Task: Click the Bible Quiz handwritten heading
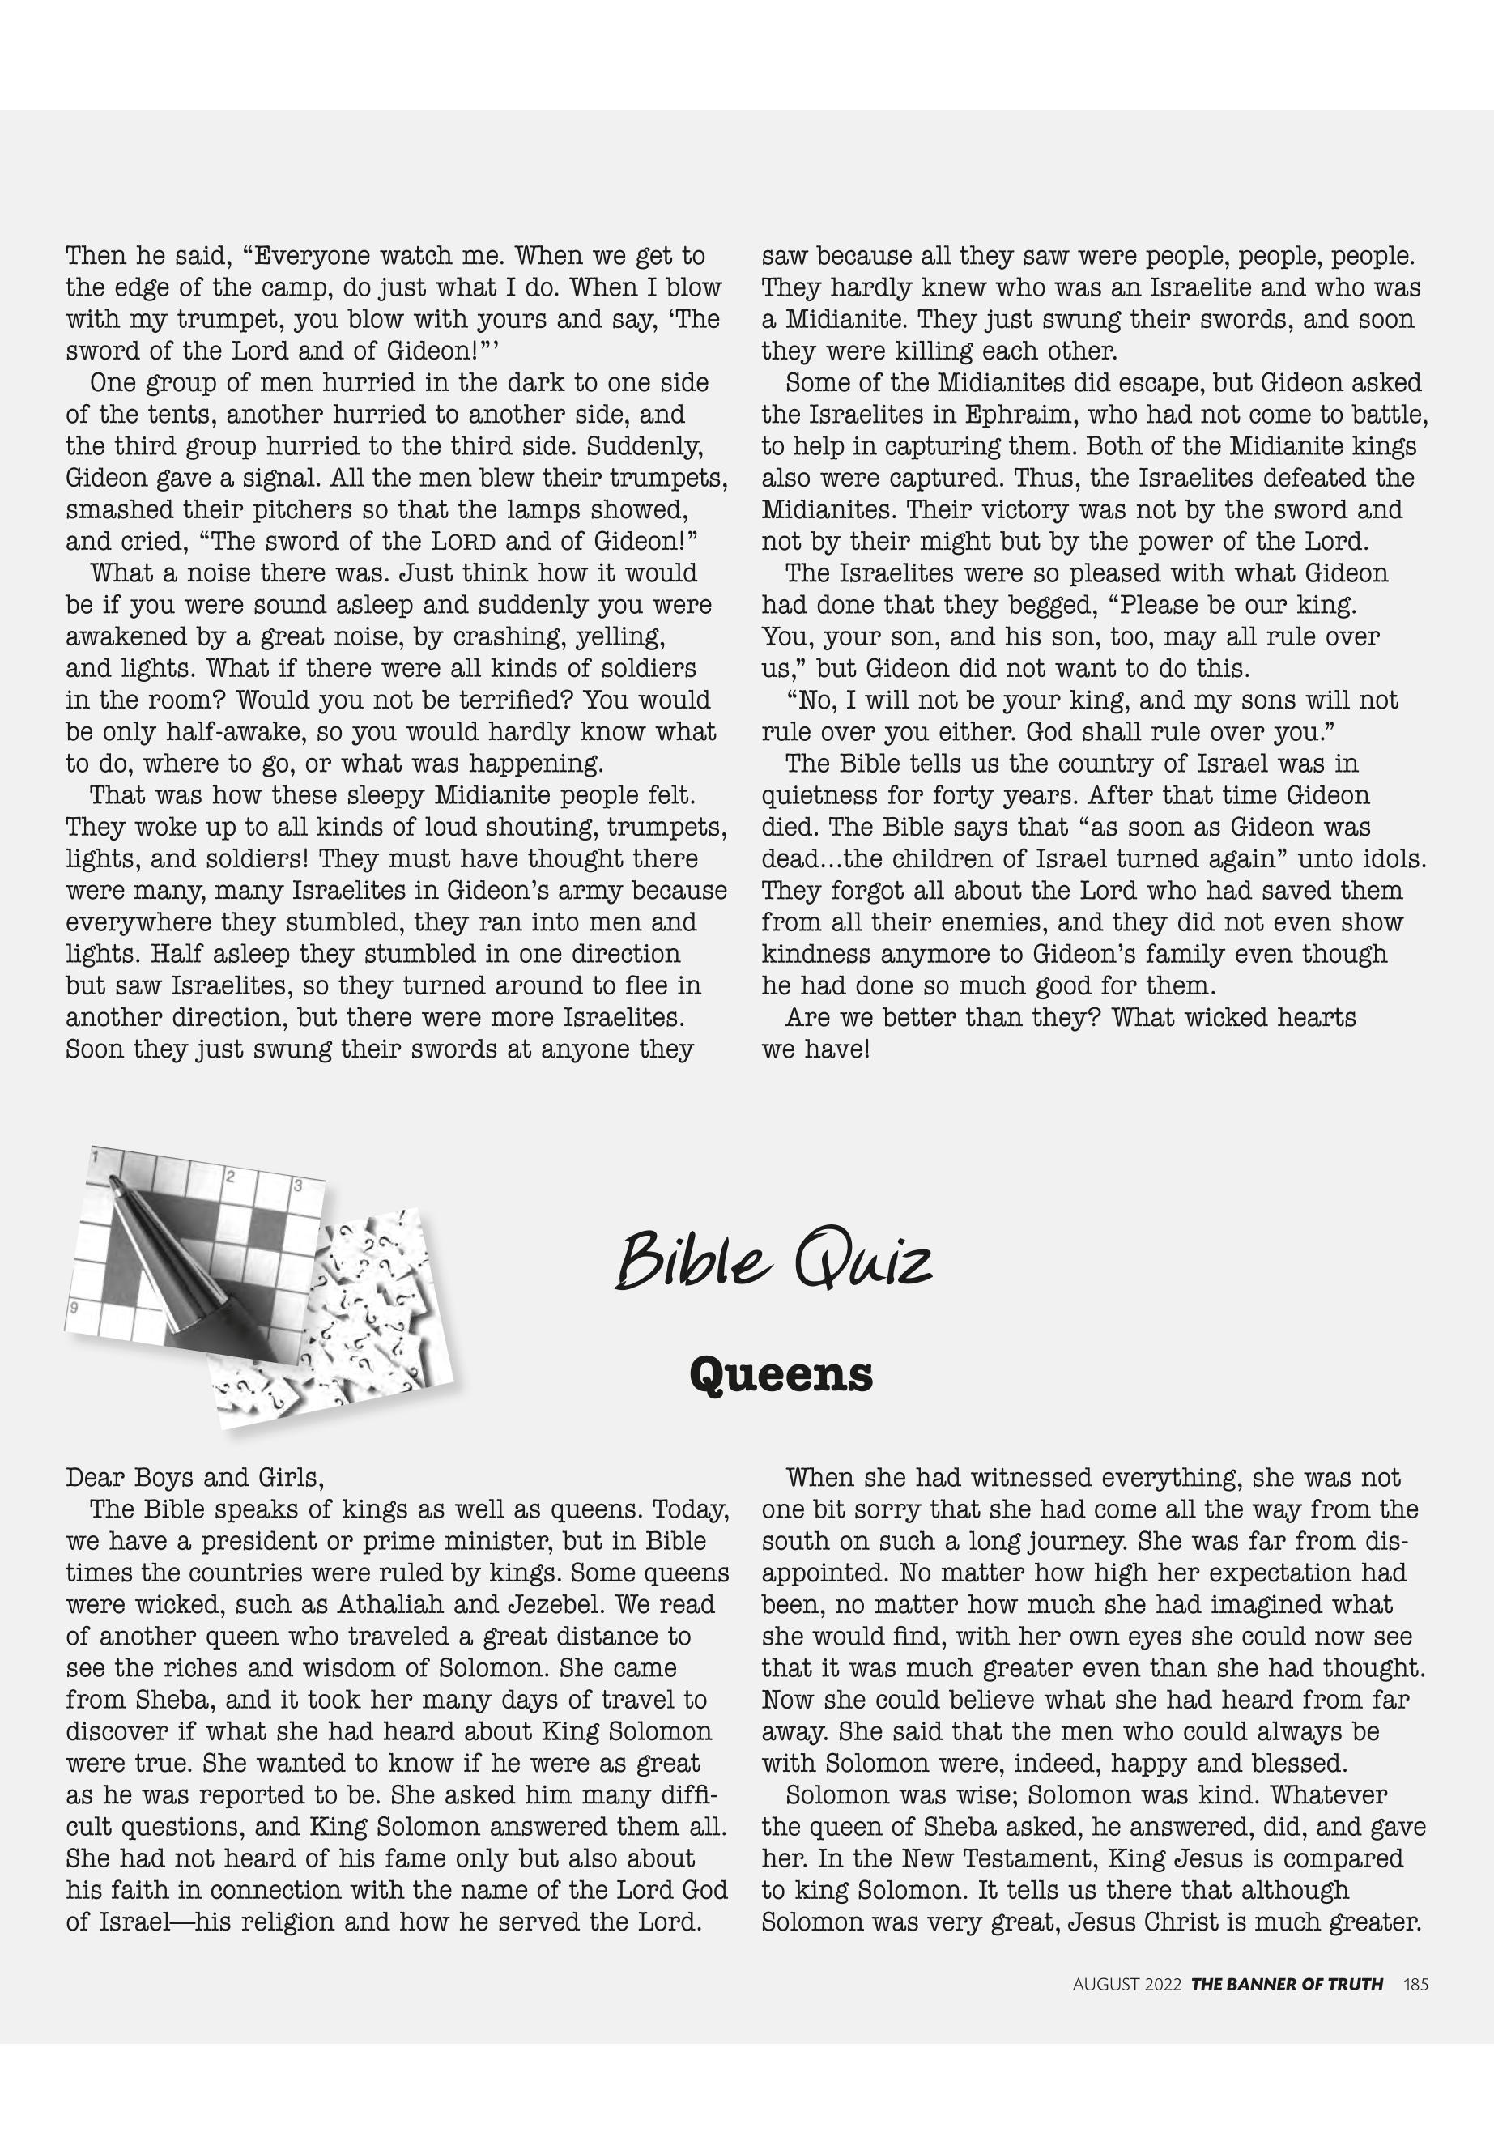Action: click(x=773, y=1261)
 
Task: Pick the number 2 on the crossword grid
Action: click(x=229, y=1177)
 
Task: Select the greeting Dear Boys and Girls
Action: click(x=194, y=1478)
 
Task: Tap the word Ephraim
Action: click(x=1015, y=415)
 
